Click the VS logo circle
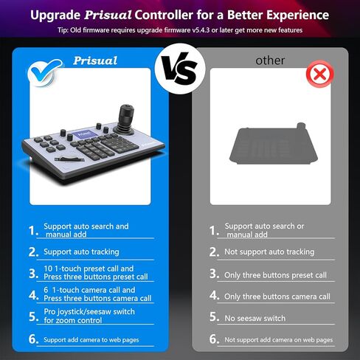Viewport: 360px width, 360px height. coord(180,69)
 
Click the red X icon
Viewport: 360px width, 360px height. coord(319,74)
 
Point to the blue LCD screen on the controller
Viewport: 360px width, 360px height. coord(84,135)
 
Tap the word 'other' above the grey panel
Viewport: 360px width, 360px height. coord(270,60)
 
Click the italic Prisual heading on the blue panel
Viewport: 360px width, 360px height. coord(95,60)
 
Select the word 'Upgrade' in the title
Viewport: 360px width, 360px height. coord(55,15)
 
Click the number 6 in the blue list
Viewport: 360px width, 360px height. coord(32,339)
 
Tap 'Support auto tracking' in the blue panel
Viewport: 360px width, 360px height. coord(81,252)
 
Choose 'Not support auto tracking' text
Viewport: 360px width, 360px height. coord(269,252)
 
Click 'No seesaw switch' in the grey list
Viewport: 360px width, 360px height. coord(255,318)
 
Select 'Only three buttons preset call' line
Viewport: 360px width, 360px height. coord(275,275)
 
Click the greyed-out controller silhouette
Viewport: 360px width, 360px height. coord(274,145)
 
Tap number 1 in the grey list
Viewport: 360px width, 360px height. coord(212,231)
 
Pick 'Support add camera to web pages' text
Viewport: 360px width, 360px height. coord(91,340)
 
